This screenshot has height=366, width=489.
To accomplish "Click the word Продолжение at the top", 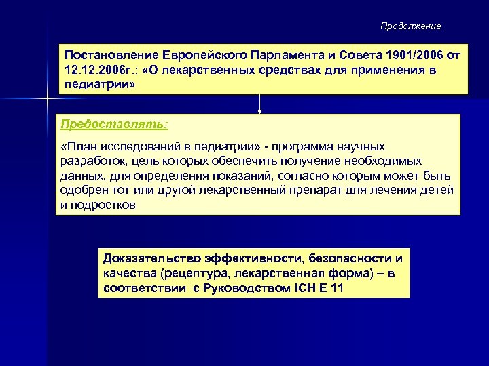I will [410, 26].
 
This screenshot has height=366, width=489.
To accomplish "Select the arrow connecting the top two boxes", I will [259, 103].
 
